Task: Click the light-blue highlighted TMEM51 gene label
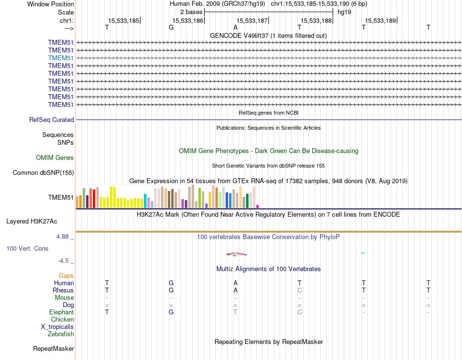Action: (x=61, y=58)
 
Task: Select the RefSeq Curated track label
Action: (x=52, y=120)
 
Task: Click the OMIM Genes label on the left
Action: (x=55, y=157)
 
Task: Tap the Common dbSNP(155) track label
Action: (x=43, y=172)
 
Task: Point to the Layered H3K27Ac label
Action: (x=32, y=221)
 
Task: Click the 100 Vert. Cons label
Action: (x=27, y=248)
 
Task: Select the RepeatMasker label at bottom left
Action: (x=53, y=348)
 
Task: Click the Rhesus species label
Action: (x=63, y=290)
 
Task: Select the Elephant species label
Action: (x=61, y=312)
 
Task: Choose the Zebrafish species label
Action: (x=61, y=334)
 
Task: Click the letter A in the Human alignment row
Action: (x=235, y=283)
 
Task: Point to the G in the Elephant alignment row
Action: (x=171, y=312)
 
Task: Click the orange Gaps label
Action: (x=66, y=275)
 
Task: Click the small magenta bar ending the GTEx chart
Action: (x=258, y=206)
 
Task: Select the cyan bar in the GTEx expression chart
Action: (x=145, y=201)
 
